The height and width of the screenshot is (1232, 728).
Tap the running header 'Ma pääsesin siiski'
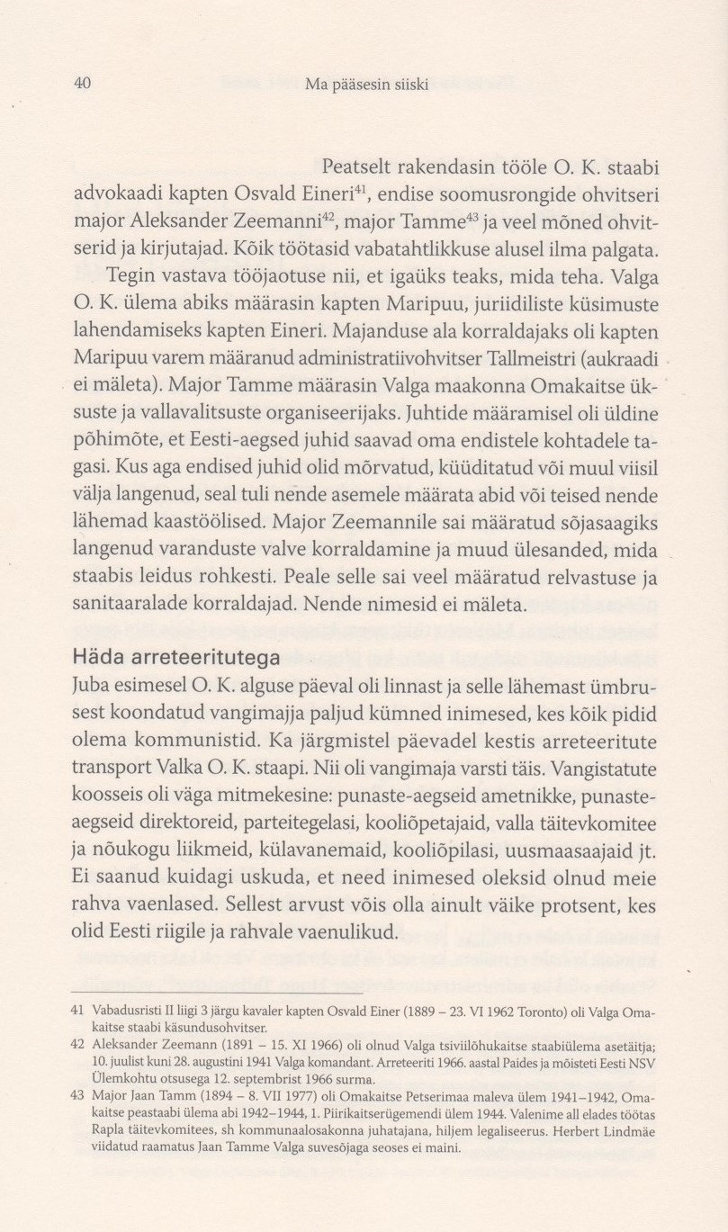(366, 85)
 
